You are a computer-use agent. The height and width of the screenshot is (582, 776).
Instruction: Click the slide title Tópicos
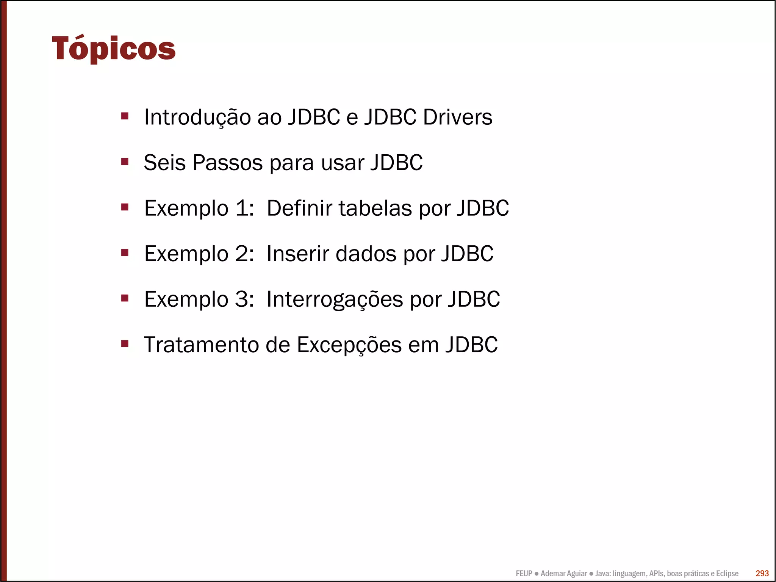pyautogui.click(x=114, y=49)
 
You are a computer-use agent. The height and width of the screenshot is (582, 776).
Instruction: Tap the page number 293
pyautogui.click(x=762, y=573)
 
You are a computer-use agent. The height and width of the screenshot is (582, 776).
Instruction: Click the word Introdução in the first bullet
pyautogui.click(x=197, y=117)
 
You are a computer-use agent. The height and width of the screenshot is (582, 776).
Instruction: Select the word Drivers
pyautogui.click(x=457, y=117)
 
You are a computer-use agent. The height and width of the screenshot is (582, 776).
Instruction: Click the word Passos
pyautogui.click(x=227, y=163)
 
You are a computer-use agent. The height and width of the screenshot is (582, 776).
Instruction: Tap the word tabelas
pyautogui.click(x=375, y=208)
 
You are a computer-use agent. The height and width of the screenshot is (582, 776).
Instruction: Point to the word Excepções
pyautogui.click(x=349, y=345)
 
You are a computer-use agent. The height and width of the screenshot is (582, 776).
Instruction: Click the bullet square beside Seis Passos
pyautogui.click(x=125, y=162)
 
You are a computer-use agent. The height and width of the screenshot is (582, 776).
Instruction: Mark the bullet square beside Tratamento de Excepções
pyautogui.click(x=125, y=344)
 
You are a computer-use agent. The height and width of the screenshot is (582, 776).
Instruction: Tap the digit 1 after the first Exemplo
pyautogui.click(x=242, y=208)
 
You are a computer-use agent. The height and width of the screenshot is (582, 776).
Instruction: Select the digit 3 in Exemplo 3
pyautogui.click(x=242, y=300)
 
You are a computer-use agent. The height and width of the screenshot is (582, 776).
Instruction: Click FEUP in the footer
pyautogui.click(x=524, y=573)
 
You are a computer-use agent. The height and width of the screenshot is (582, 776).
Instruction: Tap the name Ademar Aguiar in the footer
pyautogui.click(x=563, y=573)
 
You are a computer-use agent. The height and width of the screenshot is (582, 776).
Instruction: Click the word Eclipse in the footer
pyautogui.click(x=727, y=573)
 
